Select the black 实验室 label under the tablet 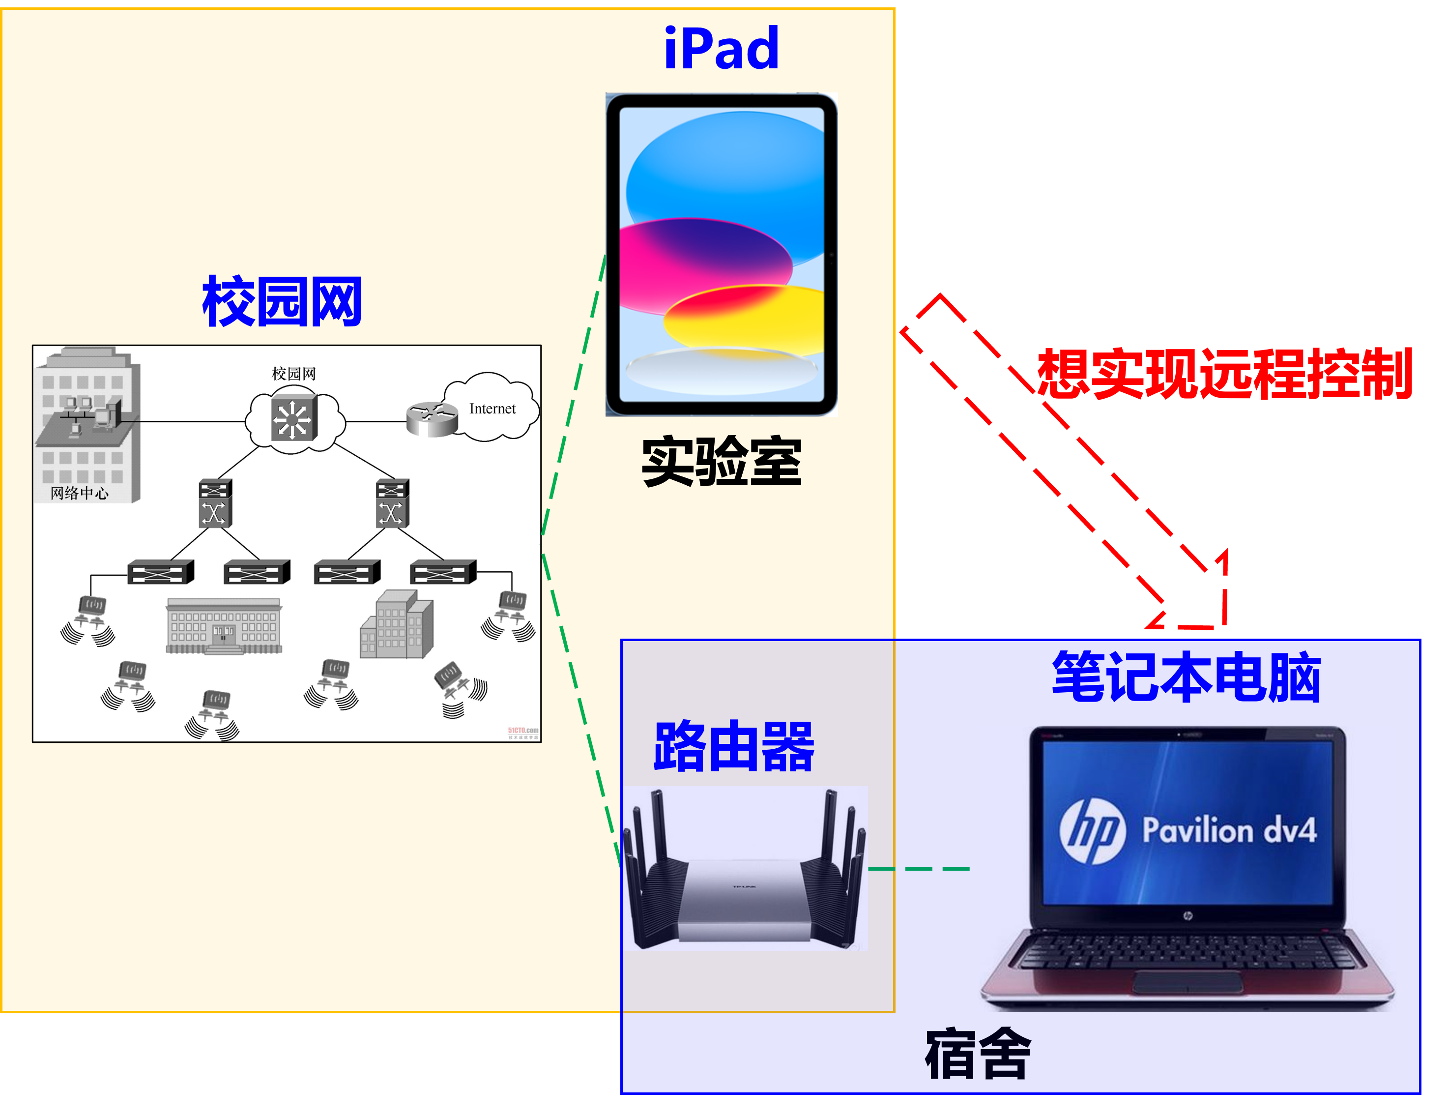[x=722, y=462]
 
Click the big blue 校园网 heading [x=282, y=302]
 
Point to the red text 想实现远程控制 [x=1224, y=374]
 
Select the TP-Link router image [x=745, y=869]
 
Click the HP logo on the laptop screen [x=1092, y=831]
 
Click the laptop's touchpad [x=1187, y=982]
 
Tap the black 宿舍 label [x=978, y=1054]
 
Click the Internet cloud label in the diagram [x=492, y=409]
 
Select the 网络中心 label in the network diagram [x=79, y=493]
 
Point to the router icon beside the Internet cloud [x=432, y=418]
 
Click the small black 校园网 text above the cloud [x=294, y=374]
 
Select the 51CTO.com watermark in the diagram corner [x=523, y=732]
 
